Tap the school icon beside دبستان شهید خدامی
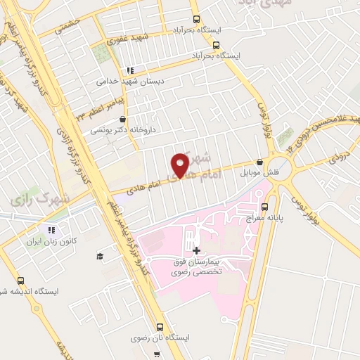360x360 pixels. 130,70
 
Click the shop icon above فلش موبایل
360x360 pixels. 260,161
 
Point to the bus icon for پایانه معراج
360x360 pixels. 265,207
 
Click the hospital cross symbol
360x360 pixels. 196,250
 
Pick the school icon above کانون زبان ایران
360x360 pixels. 51,229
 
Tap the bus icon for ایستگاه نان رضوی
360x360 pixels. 160,327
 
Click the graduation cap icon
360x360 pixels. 100,255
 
